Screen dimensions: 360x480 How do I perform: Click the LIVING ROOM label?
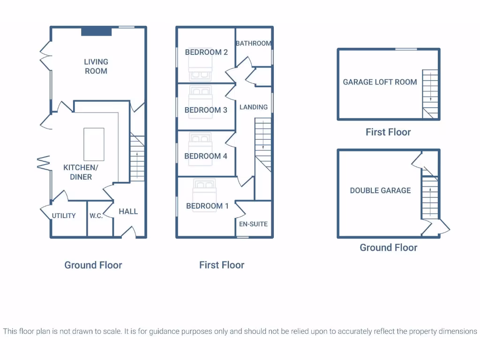click(96, 66)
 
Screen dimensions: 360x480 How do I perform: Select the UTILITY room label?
click(64, 216)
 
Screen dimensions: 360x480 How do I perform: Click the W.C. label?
click(96, 216)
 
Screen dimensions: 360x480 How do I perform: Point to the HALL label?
click(128, 211)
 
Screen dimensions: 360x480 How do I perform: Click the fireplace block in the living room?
click(97, 31)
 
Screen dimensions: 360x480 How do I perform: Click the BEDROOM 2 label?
click(206, 52)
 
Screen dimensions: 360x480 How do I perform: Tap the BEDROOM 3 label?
click(206, 110)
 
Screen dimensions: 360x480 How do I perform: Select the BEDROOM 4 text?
click(206, 156)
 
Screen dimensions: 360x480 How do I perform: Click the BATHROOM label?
click(253, 43)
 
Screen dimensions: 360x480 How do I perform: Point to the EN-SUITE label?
click(253, 224)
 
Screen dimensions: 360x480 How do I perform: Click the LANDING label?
click(254, 107)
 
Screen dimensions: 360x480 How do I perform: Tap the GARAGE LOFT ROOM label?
click(380, 82)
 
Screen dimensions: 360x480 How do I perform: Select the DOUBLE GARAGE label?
click(380, 190)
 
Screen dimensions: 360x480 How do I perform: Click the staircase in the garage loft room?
click(430, 93)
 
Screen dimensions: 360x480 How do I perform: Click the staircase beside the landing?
click(263, 143)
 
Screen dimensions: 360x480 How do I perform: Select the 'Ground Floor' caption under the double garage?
click(388, 247)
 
